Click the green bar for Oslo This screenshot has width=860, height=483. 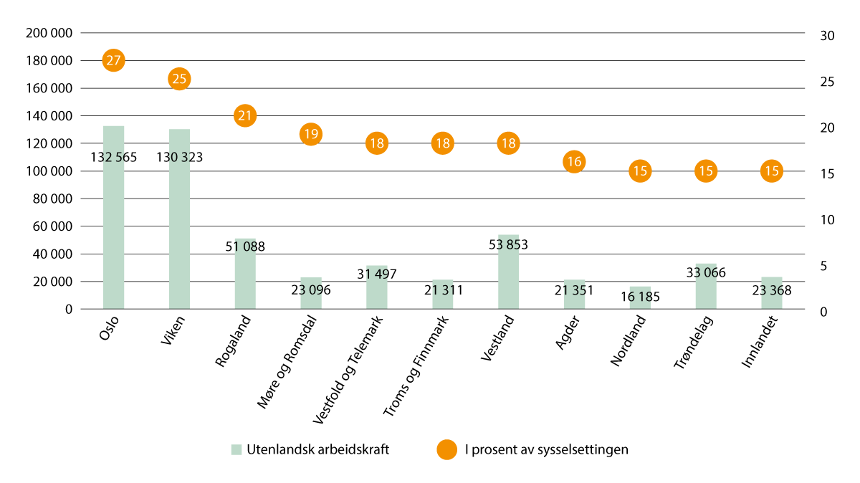pos(113,215)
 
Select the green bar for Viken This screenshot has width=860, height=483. pos(179,215)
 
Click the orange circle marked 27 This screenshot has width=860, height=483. pos(113,60)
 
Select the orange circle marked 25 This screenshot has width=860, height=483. pos(179,78)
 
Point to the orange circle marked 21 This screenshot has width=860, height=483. pos(245,115)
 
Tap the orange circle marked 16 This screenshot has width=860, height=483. pos(574,161)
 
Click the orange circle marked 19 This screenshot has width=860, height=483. pos(311,133)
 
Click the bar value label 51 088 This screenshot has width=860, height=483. pos(245,247)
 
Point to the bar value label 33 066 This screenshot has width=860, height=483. pos(706,272)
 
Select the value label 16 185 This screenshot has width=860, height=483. pos(640,296)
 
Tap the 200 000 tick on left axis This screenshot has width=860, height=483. pos(49,33)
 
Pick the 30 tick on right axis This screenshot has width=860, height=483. pos(827,36)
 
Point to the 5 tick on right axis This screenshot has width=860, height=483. pos(824,266)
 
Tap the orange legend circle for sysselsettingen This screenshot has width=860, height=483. pos(446,450)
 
